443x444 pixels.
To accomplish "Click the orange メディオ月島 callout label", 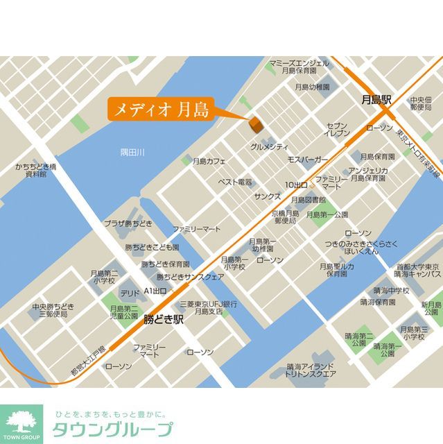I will click(159, 109).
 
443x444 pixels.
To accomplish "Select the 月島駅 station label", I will click(376, 101).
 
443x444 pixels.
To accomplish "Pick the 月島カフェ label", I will click(210, 161).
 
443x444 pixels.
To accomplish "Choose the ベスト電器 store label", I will click(235, 182).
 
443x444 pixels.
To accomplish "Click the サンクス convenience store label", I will click(267, 197).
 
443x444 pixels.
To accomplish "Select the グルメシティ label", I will click(269, 147).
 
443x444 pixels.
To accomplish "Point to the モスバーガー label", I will click(308, 160).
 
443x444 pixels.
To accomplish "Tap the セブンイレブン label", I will click(338, 129).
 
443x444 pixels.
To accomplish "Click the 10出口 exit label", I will click(296, 185).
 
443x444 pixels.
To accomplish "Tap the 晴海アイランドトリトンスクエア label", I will click(312, 370).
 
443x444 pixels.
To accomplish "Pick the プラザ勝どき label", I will click(128, 223).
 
